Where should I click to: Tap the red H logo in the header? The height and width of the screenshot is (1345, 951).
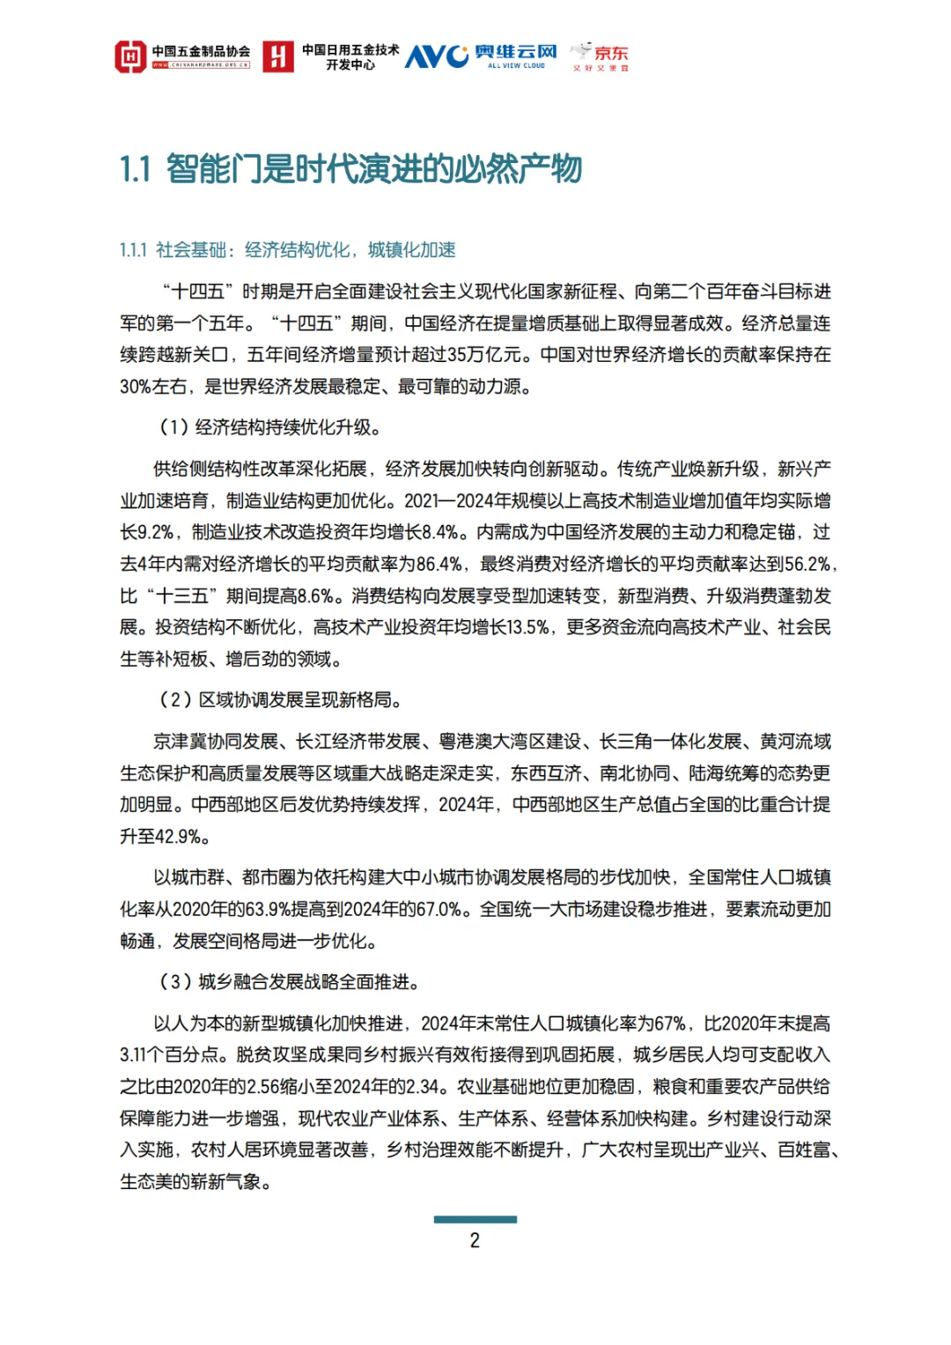277,56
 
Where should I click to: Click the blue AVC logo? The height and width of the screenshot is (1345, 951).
436,56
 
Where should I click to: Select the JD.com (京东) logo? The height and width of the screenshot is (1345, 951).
601,55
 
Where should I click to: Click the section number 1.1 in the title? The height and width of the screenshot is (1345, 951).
136,169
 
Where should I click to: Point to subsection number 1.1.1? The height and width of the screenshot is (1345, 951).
133,250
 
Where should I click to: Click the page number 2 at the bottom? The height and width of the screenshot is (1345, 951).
475,1240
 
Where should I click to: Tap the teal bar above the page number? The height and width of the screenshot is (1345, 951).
475,1219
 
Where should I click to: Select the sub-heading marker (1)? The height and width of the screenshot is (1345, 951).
173,427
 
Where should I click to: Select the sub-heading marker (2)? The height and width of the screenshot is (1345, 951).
175,699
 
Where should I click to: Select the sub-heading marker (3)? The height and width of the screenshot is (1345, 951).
175,981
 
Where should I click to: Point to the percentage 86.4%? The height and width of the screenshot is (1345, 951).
439,564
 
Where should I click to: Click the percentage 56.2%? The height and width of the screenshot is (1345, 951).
807,564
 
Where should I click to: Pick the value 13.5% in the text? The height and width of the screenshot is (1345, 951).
526,627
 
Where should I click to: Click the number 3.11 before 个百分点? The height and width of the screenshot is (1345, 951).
134,1055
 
